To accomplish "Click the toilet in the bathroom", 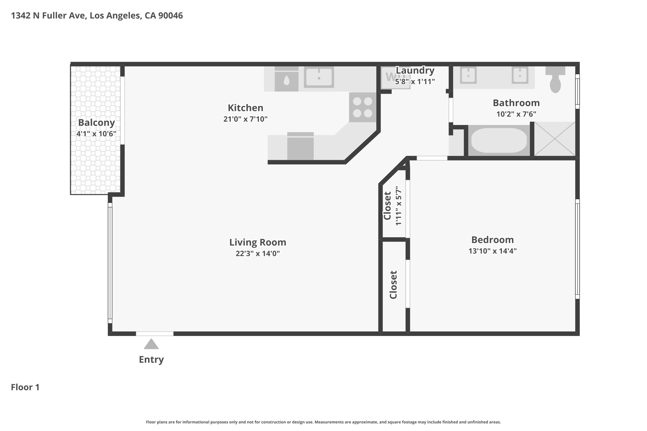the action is point(555,80).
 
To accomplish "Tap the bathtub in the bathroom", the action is point(499,140).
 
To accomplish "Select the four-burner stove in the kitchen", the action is point(362,107).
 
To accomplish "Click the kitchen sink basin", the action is point(319,77).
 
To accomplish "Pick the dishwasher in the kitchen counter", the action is point(300,146).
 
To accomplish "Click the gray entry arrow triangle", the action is point(151,344).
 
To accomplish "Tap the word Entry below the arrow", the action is point(151,360).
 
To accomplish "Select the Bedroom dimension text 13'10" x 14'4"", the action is point(493,251).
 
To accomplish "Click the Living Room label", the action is point(258,242).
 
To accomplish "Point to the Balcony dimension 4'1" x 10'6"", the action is point(96,134).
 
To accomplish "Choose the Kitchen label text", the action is point(245,108).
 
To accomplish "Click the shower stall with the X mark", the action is point(554,139).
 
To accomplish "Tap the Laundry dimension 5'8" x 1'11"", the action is point(415,81).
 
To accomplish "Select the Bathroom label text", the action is point(516,103).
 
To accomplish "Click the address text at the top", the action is point(97,15).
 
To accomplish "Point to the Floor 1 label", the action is point(25,387).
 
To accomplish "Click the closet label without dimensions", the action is point(393,285).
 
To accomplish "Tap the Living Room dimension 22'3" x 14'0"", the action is point(258,254).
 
